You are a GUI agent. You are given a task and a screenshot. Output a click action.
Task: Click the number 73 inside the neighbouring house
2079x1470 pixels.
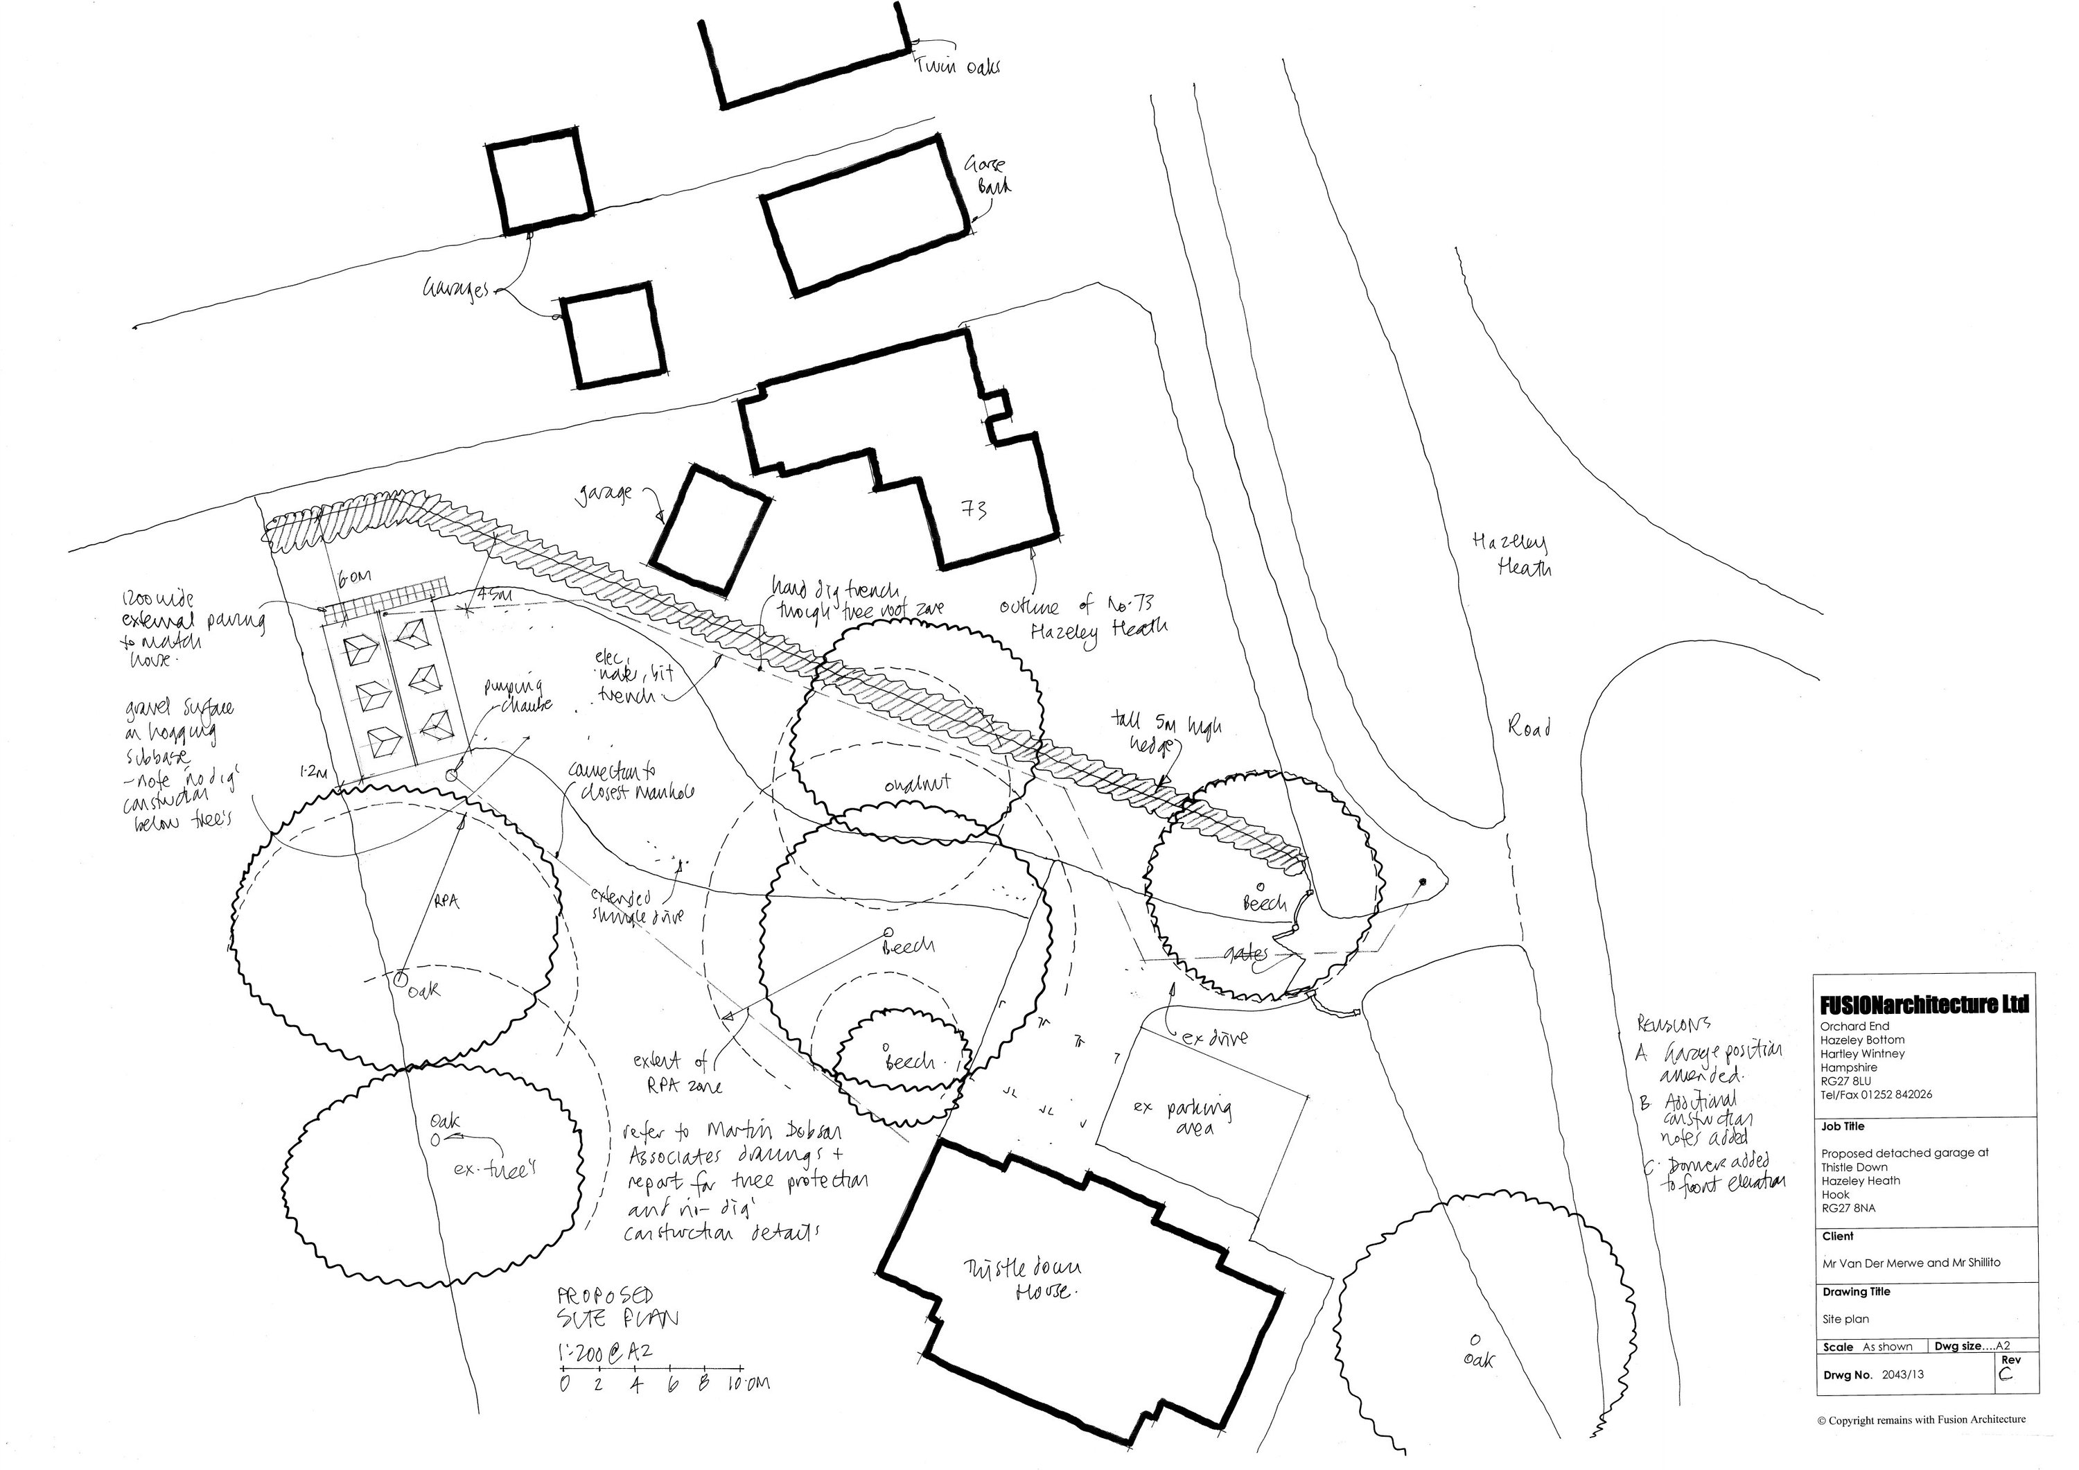(974, 510)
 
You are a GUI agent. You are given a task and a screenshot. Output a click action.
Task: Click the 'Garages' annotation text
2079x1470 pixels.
(455, 290)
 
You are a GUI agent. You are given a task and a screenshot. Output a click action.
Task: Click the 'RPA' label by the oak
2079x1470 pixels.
(447, 902)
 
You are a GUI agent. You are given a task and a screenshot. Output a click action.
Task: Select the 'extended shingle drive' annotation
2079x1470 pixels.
(635, 907)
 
